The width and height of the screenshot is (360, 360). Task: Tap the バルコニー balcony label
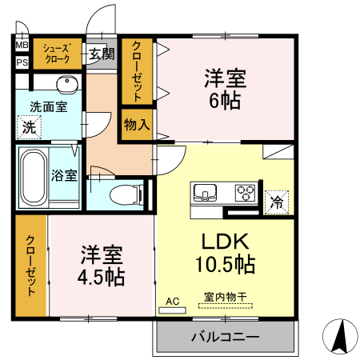coord(225,337)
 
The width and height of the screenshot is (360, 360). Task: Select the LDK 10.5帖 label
coord(223,252)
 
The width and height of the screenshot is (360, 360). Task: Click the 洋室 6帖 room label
coord(225,90)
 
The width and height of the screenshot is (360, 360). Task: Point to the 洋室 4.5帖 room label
coord(102,266)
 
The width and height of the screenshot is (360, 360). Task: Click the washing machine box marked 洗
coord(29,126)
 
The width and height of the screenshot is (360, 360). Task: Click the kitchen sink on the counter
coord(203,193)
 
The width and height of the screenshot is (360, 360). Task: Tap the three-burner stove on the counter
coord(244,193)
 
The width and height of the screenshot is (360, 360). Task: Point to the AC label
coord(171,302)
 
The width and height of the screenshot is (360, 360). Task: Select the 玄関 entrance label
coord(101,54)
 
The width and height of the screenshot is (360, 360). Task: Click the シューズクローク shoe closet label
coord(57,54)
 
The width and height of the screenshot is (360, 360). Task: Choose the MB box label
coord(21,46)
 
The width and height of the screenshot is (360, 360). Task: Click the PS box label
coord(21,62)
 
